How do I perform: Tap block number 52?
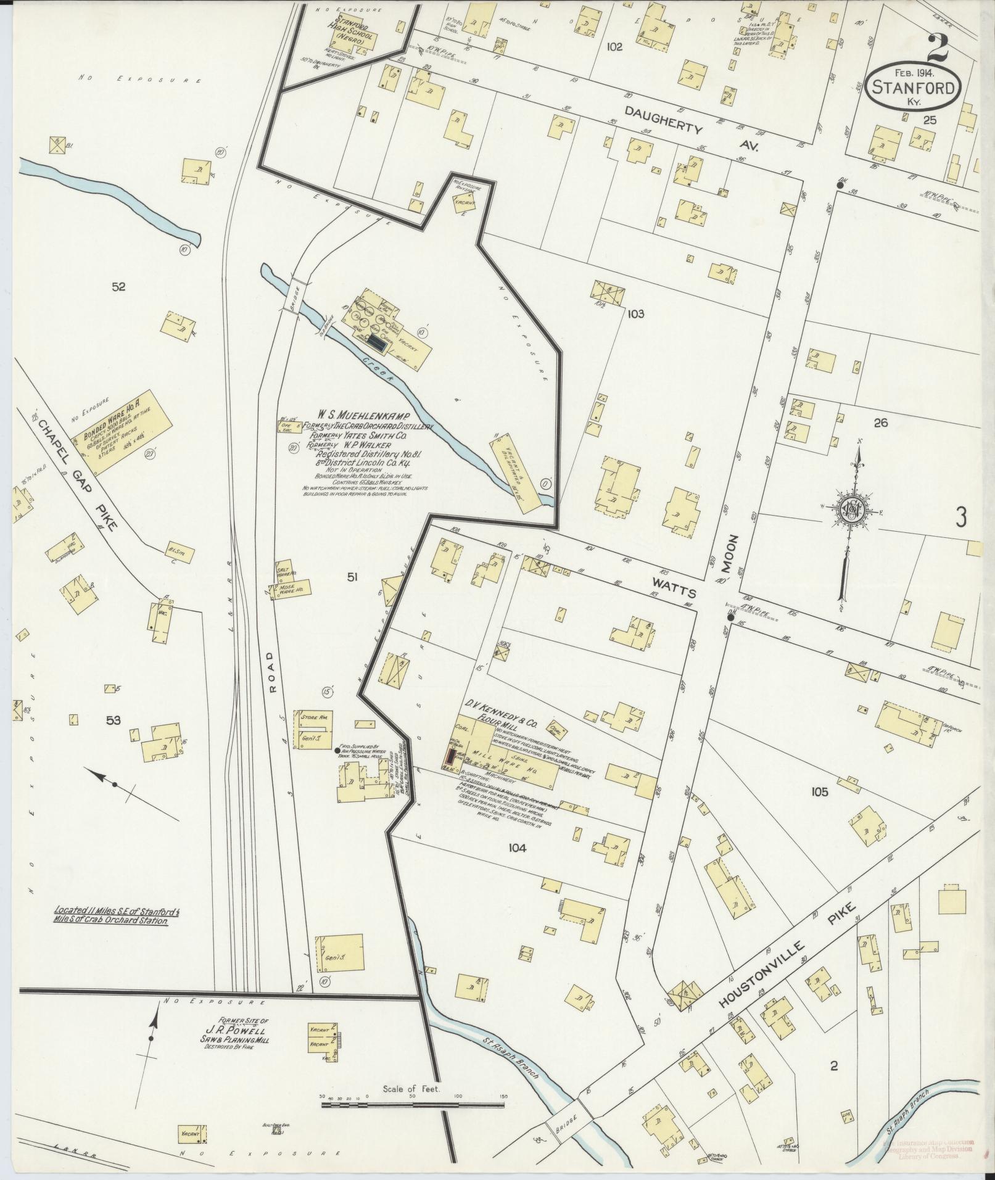(x=118, y=286)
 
